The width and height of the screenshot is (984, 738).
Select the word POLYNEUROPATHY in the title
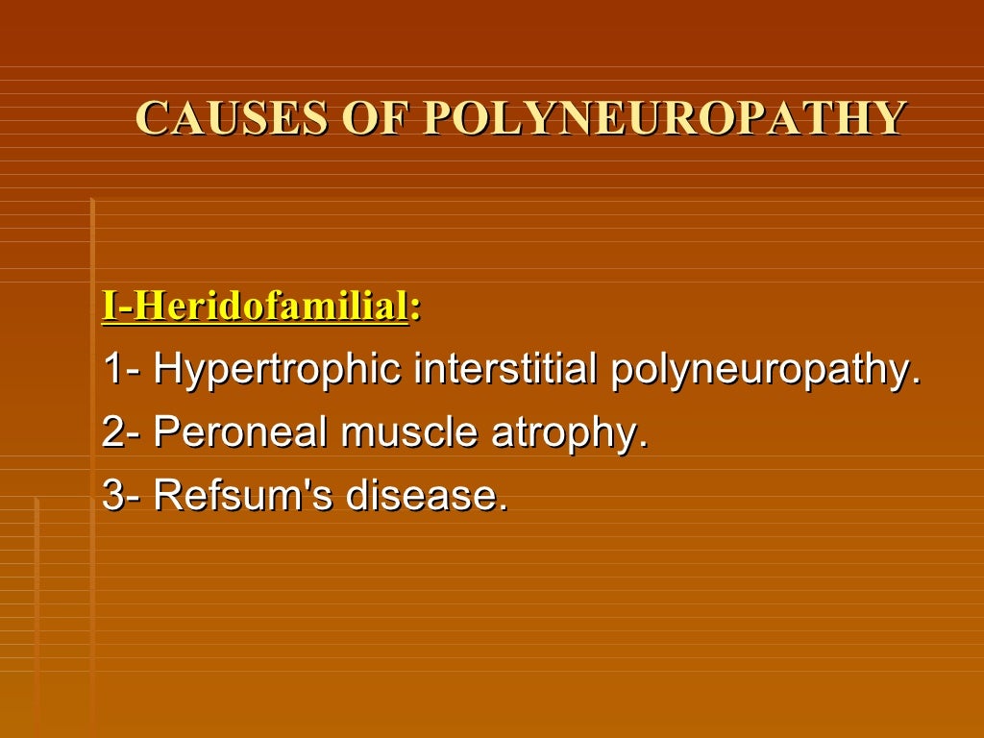tap(664, 119)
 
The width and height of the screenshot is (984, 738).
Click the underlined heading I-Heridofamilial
tap(255, 307)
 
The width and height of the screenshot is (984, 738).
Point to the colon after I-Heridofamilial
tap(415, 310)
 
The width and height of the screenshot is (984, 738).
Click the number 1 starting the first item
tap(112, 371)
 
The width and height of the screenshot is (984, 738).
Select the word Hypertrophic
tap(278, 371)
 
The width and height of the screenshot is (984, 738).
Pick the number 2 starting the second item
tap(113, 433)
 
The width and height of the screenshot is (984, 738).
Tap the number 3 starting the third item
tap(113, 496)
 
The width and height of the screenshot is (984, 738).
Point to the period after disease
tap(502, 508)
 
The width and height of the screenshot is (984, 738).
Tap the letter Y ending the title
tap(888, 119)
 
